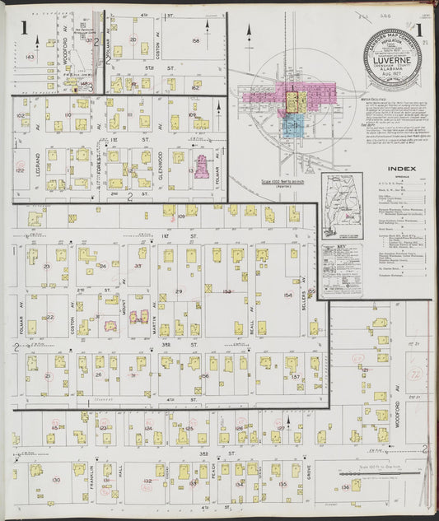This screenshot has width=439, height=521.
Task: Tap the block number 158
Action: [x=195, y=40]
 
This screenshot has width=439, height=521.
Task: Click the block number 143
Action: [x=30, y=57]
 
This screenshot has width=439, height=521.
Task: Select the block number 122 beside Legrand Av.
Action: [x=20, y=170]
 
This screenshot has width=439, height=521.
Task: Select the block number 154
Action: [x=287, y=295]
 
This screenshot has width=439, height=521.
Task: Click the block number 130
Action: [x=56, y=480]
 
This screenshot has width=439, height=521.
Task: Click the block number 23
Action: [x=46, y=267]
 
